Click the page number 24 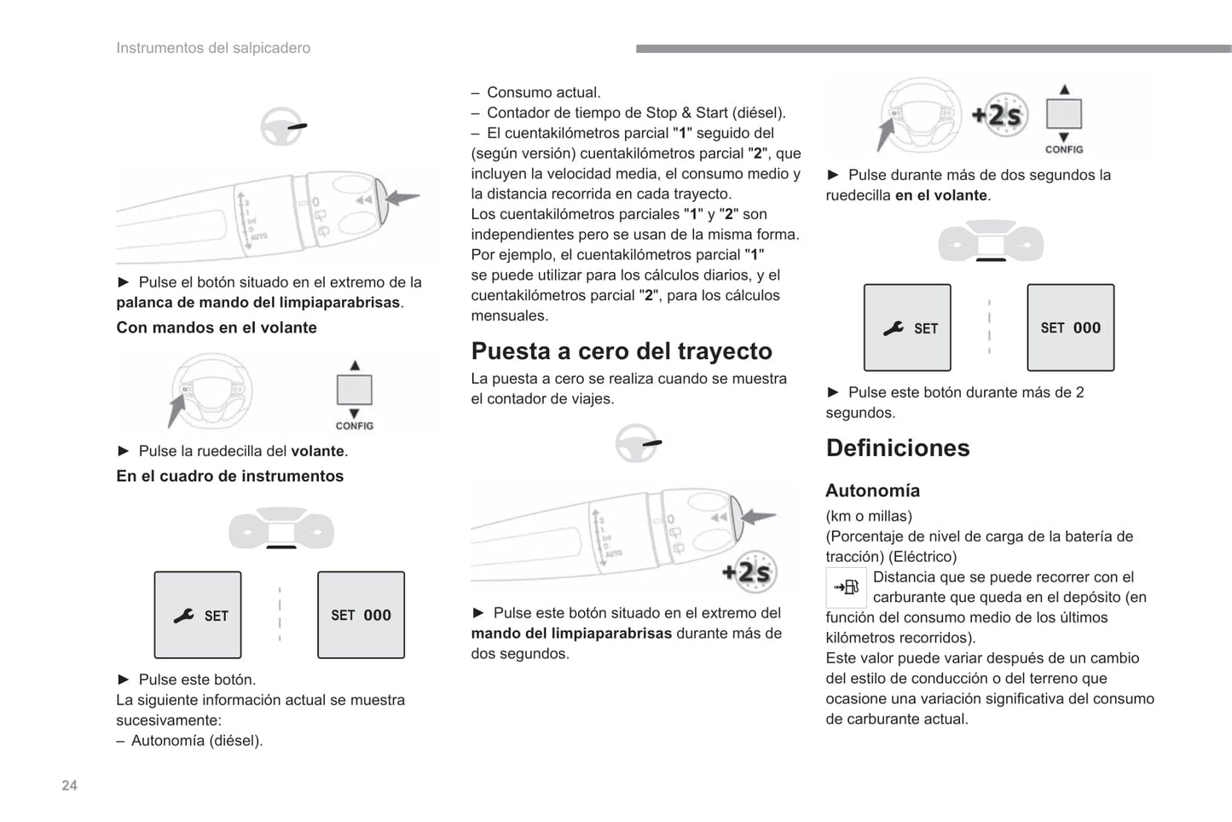click(x=69, y=785)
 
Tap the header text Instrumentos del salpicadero click(x=213, y=48)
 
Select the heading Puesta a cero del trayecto click(x=622, y=351)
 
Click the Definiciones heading click(x=898, y=448)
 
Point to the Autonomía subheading click(x=872, y=490)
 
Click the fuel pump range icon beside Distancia click(x=846, y=587)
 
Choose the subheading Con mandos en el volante click(x=217, y=327)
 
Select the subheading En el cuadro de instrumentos click(x=230, y=476)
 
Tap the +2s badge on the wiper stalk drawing click(x=747, y=572)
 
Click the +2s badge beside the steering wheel click(x=999, y=114)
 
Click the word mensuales click(x=510, y=315)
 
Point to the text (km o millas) click(x=869, y=516)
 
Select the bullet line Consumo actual click(x=543, y=92)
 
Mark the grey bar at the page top click(x=934, y=49)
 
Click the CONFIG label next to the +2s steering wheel click(x=1064, y=149)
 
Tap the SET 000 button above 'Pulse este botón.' click(x=361, y=615)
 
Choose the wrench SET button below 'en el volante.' click(x=907, y=327)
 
